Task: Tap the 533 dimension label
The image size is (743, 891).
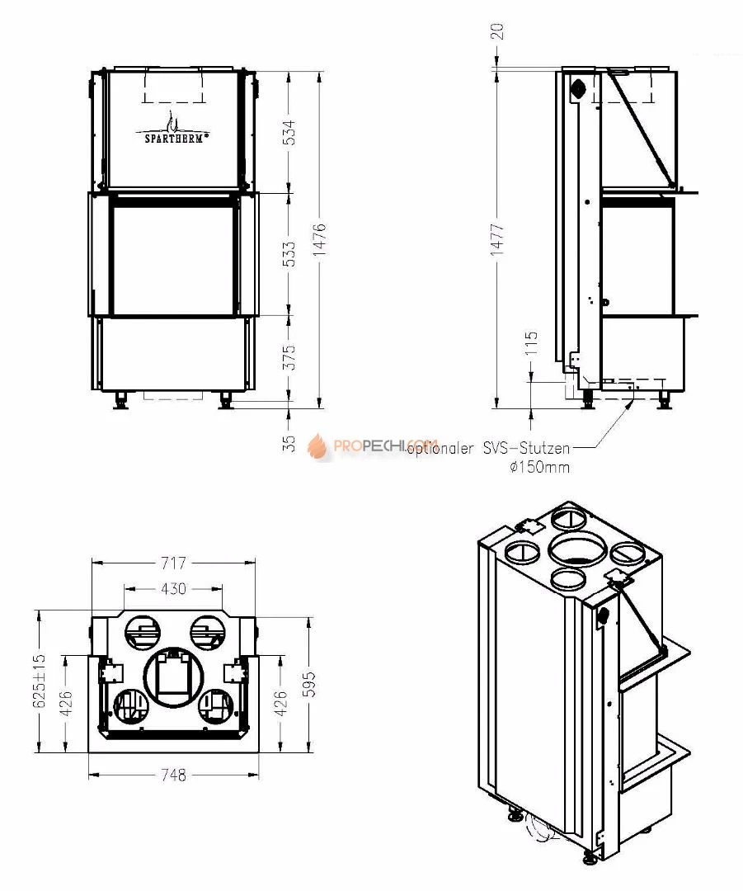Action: click(x=289, y=254)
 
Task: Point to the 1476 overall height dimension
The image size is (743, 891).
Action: click(x=321, y=239)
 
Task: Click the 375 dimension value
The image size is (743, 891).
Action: click(x=289, y=357)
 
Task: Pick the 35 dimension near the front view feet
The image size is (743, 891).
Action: click(x=289, y=443)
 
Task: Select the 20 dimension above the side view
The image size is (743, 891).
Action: click(x=497, y=31)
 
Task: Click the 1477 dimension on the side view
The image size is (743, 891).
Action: click(x=497, y=239)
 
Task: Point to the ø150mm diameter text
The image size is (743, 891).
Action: click(x=539, y=468)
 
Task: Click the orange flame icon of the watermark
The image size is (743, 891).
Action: click(x=317, y=447)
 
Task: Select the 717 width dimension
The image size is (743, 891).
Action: click(x=173, y=563)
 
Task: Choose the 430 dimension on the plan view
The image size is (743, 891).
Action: click(x=173, y=588)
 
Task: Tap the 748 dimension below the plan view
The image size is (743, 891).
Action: click(x=173, y=775)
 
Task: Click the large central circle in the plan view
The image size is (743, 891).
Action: click(x=173, y=678)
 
